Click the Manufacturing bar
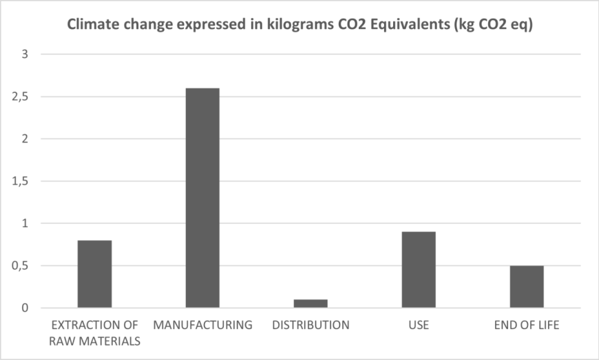[202, 198]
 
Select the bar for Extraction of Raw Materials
[94, 274]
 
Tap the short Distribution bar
[311, 304]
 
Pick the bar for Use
[419, 270]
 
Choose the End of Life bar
[527, 286]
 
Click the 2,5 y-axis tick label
[21, 96]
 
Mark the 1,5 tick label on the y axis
[21, 181]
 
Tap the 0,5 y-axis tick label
[21, 266]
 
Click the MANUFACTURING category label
[202, 325]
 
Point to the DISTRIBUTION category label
[311, 325]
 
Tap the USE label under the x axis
[419, 325]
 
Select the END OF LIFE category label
[527, 325]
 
